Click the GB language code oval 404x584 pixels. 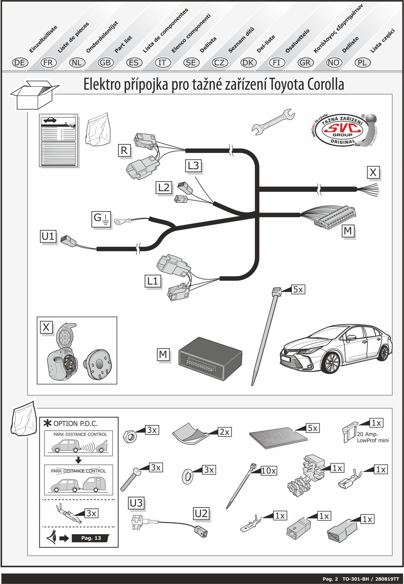105,63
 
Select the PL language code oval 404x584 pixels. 362,63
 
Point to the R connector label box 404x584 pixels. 124,151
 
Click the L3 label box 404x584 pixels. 193,166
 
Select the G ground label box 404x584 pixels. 101,219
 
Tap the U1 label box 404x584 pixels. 48,236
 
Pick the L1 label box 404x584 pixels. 153,281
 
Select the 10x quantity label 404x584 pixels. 269,471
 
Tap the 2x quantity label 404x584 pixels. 225,432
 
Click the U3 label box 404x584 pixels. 136,503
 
